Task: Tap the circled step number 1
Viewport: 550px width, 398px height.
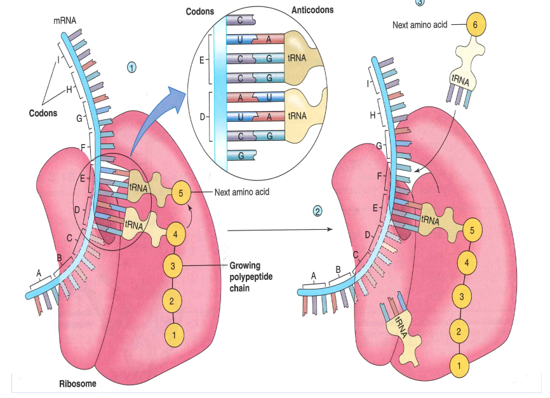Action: pos(132,67)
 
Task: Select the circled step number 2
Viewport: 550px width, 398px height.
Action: pos(318,211)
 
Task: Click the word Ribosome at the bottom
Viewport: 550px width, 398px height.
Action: pos(78,384)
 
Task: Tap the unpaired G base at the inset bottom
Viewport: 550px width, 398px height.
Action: pos(241,155)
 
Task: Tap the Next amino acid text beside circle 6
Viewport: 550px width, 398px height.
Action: pos(419,25)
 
